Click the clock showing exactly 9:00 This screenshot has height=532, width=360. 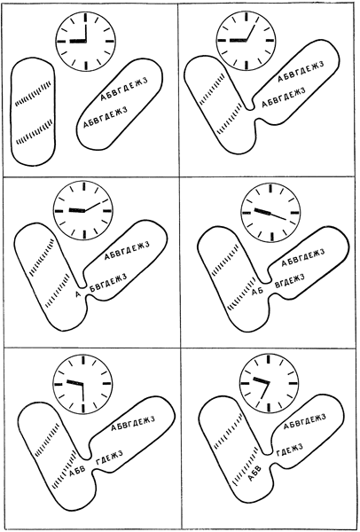point(86,42)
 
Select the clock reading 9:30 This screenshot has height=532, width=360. point(82,384)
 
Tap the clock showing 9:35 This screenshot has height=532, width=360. point(270,383)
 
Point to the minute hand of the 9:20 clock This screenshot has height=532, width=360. point(278,216)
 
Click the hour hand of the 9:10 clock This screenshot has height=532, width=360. point(77,210)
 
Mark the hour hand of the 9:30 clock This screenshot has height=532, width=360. point(74,382)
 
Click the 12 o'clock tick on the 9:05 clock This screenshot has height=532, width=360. point(246,17)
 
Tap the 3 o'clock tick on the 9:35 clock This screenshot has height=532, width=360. point(293,383)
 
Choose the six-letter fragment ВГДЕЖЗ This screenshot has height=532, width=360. point(289,280)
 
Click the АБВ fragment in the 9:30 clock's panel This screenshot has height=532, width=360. point(77,472)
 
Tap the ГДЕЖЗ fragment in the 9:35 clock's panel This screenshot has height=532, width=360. point(289,450)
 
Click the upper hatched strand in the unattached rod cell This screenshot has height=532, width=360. point(34,93)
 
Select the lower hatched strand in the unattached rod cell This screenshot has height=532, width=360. point(35,130)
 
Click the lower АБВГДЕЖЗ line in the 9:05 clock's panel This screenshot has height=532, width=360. point(284,98)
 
